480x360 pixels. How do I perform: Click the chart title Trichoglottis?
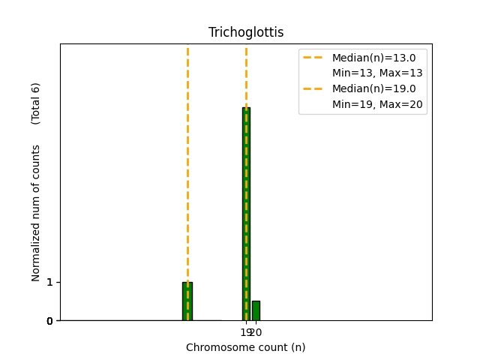click(x=246, y=32)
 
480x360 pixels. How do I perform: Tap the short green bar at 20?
click(x=256, y=310)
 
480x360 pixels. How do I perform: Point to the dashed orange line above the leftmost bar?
click(x=187, y=150)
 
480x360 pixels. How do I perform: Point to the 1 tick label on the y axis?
click(x=49, y=282)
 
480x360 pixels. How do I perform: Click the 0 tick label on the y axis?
click(x=49, y=321)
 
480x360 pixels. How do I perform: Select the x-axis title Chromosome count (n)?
click(x=246, y=347)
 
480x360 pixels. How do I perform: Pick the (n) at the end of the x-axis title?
click(x=298, y=347)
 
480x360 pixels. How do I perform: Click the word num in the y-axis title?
click(x=36, y=209)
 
